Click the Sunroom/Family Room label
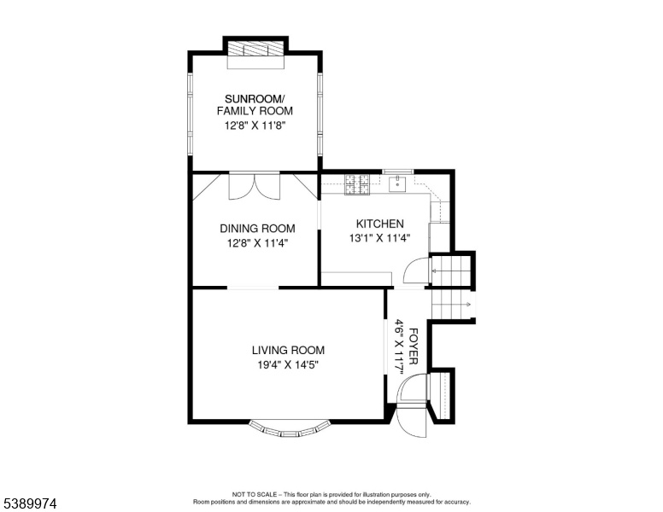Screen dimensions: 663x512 [x=255, y=105]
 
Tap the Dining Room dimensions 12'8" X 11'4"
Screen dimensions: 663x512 [x=257, y=243]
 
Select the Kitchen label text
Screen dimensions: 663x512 [x=379, y=224]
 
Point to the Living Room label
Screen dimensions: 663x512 [x=288, y=350]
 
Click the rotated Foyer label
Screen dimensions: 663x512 [x=414, y=346]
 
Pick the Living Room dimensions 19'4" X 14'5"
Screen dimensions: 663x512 [x=288, y=364]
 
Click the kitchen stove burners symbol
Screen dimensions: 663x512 [x=357, y=184]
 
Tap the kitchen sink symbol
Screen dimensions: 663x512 [x=397, y=184]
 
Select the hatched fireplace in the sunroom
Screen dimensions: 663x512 [x=255, y=48]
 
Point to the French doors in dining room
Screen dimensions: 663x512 [x=254, y=185]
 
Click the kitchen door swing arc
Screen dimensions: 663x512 [x=416, y=271]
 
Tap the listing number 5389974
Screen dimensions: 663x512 [x=30, y=503]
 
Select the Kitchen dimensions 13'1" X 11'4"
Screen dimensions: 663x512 [x=379, y=238]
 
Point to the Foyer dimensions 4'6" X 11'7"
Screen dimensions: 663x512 [x=400, y=347]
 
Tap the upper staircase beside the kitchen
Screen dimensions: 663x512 [x=451, y=270]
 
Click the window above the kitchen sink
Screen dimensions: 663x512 [x=398, y=172]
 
